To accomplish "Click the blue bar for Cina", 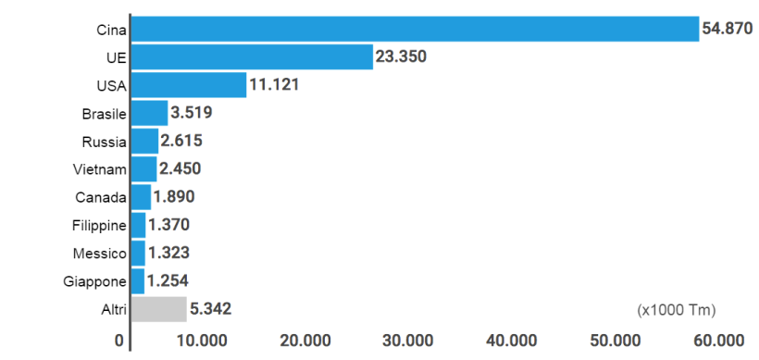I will coord(415,29).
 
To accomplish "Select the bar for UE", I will coord(252,57).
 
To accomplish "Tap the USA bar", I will coord(189,85).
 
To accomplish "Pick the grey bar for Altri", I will coord(158,308).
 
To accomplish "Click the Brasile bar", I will coord(149,113).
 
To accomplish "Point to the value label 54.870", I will coord(728,29).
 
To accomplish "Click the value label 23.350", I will coord(401,57).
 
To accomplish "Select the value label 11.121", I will coord(275,85).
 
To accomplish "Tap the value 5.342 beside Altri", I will coord(210,308).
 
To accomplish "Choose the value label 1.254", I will coord(168,280).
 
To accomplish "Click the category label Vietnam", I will coord(99,169).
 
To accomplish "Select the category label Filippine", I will coord(99,225).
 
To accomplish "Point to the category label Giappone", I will coord(96,280).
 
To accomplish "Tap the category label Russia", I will coord(104,142).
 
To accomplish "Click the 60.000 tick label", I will coord(718,341).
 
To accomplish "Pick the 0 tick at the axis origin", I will coord(119,341).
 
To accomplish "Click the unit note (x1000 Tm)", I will coord(677,308).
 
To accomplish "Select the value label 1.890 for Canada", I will coord(174,197).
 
